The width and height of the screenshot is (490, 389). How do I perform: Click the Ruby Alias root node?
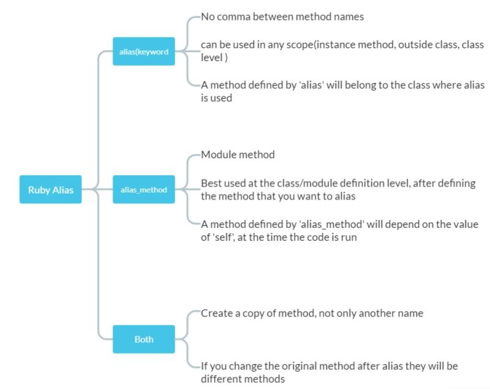coord(50,189)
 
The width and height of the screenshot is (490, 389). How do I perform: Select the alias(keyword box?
coord(144,51)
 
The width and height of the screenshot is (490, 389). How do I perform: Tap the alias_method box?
coord(144,189)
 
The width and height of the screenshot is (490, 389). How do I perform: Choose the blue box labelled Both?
coord(144,338)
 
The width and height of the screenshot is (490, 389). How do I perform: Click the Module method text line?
coord(238,154)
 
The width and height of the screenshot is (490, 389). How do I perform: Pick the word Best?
coord(211,183)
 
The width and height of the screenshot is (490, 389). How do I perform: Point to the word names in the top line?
coord(350,17)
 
